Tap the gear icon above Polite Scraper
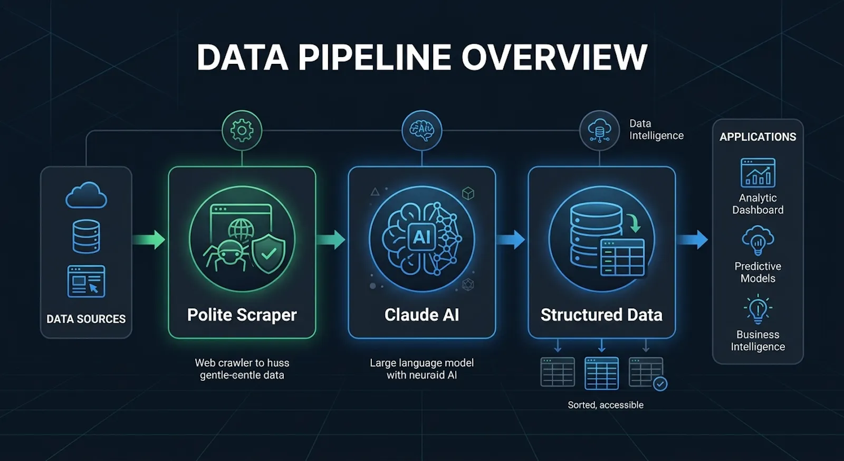pos(242,130)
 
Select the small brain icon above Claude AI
pos(421,130)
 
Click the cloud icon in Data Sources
pos(87,195)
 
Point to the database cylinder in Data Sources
pos(87,237)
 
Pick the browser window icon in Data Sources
pos(87,281)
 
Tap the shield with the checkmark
pos(268,253)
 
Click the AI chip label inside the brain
pos(421,237)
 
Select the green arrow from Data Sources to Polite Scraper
pos(149,240)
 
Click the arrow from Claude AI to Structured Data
pos(510,240)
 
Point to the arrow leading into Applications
pos(693,240)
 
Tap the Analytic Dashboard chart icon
pos(757,173)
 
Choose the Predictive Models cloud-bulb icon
pos(757,241)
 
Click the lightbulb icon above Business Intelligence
pos(757,309)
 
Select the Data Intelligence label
pos(656,129)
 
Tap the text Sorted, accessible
pos(606,405)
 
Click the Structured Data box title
pos(601,315)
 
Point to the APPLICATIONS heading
pos(757,137)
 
